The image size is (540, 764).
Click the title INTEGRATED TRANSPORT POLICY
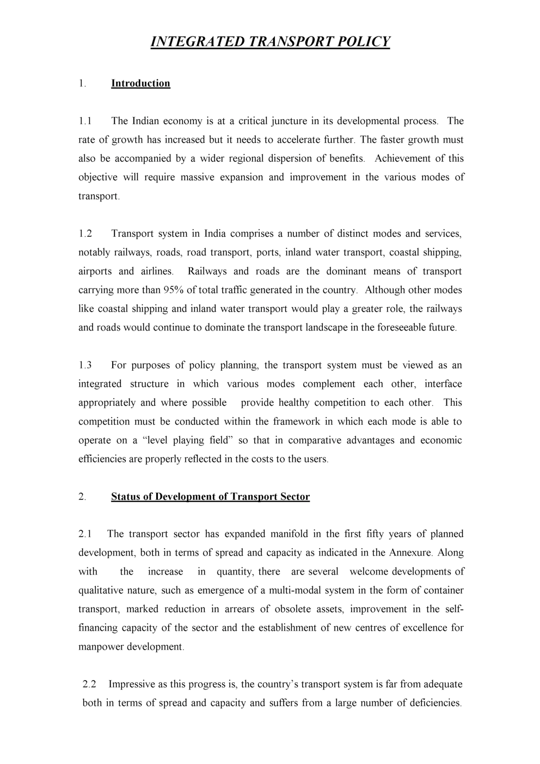point(270,42)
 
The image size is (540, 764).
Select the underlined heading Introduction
point(140,83)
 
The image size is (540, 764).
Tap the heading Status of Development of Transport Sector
point(210,497)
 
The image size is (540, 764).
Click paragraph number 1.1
point(85,121)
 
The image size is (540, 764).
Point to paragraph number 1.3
point(85,365)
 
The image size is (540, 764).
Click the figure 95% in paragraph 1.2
point(174,290)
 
